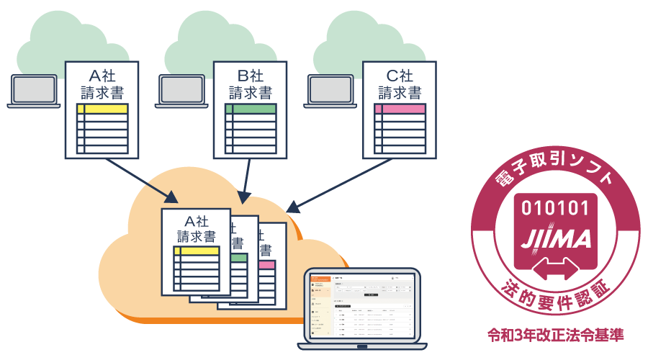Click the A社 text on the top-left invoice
point(102,75)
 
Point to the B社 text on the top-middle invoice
point(251,75)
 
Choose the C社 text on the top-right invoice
point(400,75)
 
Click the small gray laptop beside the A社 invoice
point(34,91)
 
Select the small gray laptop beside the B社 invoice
point(183,91)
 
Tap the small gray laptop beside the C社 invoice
point(332,91)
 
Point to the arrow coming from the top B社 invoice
point(247,180)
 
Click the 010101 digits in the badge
point(554,209)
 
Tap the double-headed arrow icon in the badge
point(554,268)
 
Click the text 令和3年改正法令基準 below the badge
point(554,335)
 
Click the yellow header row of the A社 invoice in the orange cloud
point(196,251)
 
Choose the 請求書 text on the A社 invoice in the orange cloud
point(196,236)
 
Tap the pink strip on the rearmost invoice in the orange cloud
point(266,265)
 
